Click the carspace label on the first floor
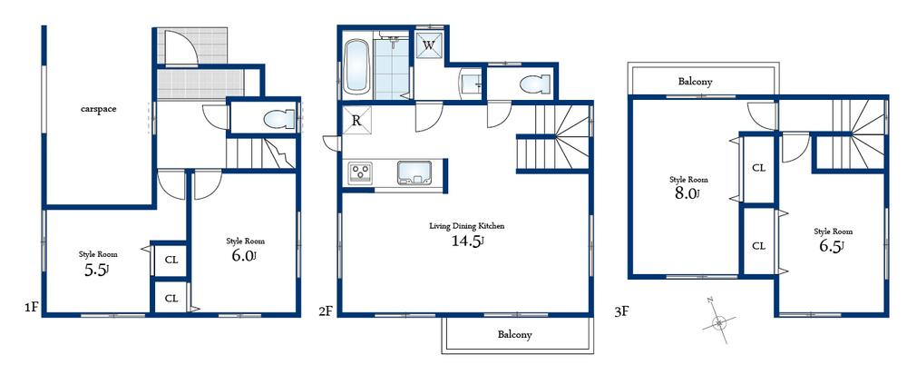(x=98, y=108)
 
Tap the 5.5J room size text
(x=96, y=270)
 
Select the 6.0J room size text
(x=244, y=256)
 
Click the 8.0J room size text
(x=688, y=193)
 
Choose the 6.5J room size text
(x=831, y=246)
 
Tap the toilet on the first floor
(x=276, y=119)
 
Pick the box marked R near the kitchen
(x=356, y=119)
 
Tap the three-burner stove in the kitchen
(x=360, y=172)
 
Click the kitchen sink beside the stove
(x=416, y=171)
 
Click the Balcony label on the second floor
(x=514, y=334)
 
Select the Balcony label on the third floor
(x=695, y=82)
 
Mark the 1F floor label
(x=30, y=308)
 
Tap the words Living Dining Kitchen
(x=467, y=225)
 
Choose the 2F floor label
(x=326, y=311)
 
